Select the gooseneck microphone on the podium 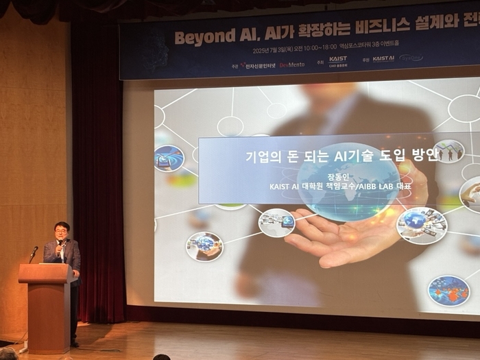tap(34, 252)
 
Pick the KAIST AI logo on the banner tap(383, 59)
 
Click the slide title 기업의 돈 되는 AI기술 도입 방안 tap(341, 156)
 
